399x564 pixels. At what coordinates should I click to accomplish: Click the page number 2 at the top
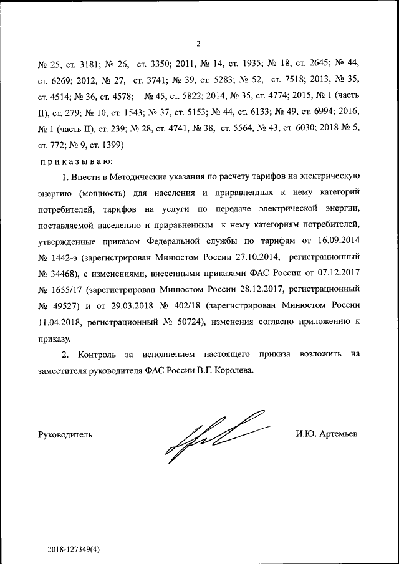(x=198, y=44)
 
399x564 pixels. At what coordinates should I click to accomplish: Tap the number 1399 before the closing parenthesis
(x=113, y=145)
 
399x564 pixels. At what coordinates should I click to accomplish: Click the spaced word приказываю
(x=72, y=161)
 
